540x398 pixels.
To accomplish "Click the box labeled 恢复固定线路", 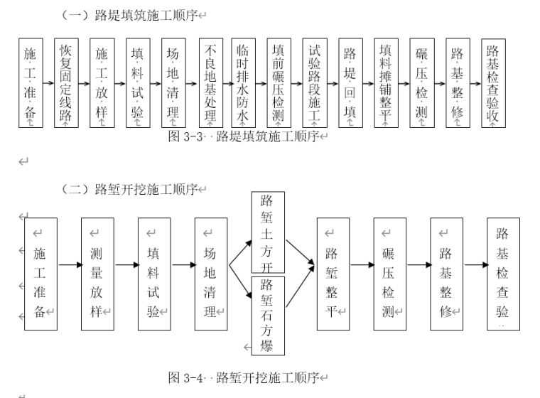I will click(x=66, y=83).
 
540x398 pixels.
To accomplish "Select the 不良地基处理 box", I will click(x=211, y=83).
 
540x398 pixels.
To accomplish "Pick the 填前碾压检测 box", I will click(x=279, y=83).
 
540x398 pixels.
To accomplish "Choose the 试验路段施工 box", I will click(x=315, y=83).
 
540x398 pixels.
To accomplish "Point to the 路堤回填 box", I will click(x=350, y=83).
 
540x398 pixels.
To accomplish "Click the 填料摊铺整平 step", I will click(x=386, y=83).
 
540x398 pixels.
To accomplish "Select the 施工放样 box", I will click(x=102, y=83).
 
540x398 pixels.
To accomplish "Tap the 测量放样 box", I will click(x=97, y=273).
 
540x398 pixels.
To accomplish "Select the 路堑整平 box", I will click(x=333, y=273).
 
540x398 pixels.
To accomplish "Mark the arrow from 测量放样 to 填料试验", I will click(x=126, y=265).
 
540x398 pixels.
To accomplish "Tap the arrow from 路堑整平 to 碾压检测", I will click(x=361, y=265).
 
